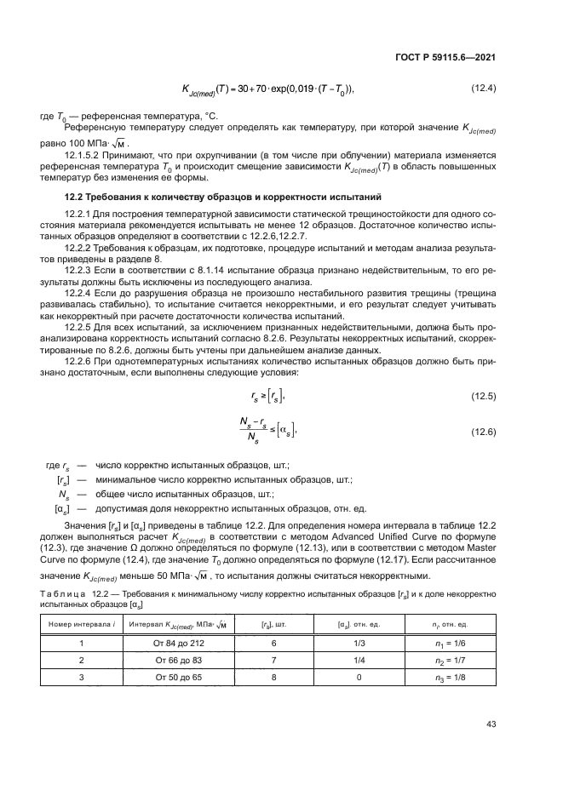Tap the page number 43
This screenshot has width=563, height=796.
(491, 724)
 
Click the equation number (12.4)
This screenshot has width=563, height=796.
(484, 89)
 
